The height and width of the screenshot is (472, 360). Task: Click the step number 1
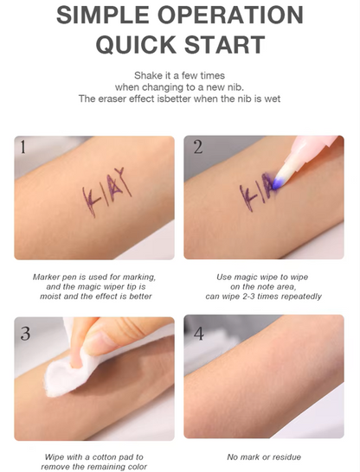click(23, 147)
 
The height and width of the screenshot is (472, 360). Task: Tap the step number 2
click(197, 147)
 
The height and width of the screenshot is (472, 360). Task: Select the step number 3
click(24, 332)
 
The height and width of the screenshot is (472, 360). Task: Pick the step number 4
click(198, 332)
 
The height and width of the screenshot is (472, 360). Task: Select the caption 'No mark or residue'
click(264, 456)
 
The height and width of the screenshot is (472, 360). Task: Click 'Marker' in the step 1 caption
click(47, 277)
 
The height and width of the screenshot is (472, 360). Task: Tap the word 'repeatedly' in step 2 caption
click(300, 296)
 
